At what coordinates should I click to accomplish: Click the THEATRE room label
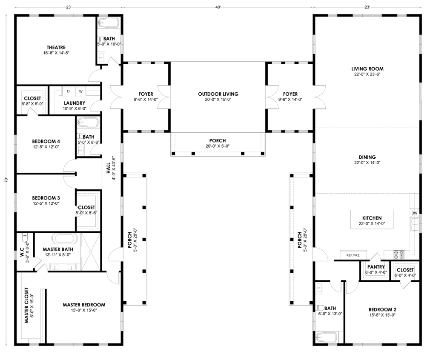click(56, 48)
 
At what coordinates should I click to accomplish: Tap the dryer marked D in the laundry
click(68, 91)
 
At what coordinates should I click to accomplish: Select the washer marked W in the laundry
click(80, 91)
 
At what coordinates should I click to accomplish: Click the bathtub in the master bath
click(65, 239)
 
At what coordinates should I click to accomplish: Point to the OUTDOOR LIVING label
click(218, 94)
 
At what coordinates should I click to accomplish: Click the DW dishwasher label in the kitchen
click(414, 213)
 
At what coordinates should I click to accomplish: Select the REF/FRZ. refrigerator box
click(353, 255)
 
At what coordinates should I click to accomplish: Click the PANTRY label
click(376, 267)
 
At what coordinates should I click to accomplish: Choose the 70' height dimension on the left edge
click(6, 180)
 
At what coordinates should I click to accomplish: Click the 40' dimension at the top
click(218, 7)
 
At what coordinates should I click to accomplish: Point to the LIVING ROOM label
click(367, 69)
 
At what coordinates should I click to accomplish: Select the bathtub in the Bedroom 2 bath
click(327, 337)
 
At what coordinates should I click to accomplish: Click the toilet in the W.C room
click(24, 238)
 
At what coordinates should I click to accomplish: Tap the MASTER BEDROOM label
click(84, 305)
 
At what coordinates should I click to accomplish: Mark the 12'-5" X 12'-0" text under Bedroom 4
click(46, 147)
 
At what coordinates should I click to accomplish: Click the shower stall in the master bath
click(90, 251)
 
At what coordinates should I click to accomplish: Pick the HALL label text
click(108, 168)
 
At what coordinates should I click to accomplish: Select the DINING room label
click(367, 157)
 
